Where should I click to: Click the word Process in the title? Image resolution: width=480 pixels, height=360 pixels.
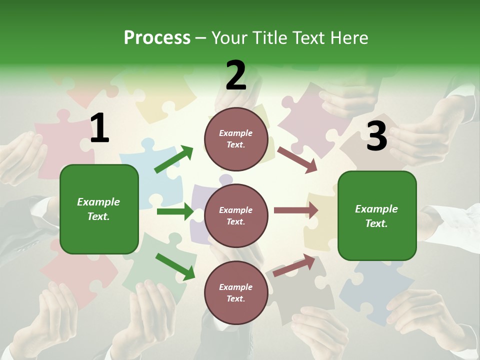pyautogui.click(x=157, y=38)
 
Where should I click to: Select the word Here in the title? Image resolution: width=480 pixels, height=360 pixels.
pyautogui.click(x=348, y=38)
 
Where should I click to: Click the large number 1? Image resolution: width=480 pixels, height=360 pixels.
pyautogui.click(x=99, y=128)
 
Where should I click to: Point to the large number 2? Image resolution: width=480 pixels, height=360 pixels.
pyautogui.click(x=236, y=75)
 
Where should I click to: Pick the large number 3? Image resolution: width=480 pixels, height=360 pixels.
pyautogui.click(x=376, y=136)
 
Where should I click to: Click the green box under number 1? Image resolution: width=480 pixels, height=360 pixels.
pyautogui.click(x=99, y=209)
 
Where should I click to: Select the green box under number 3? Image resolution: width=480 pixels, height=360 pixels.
pyautogui.click(x=377, y=216)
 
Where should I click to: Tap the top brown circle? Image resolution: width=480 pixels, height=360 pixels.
pyautogui.click(x=236, y=139)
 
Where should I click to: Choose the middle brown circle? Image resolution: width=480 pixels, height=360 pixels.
pyautogui.click(x=236, y=216)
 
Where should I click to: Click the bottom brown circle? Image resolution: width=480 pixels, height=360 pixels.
pyautogui.click(x=236, y=293)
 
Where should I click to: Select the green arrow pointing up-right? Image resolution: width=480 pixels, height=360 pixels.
pyautogui.click(x=173, y=159)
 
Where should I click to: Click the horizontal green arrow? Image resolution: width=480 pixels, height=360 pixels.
pyautogui.click(x=175, y=211)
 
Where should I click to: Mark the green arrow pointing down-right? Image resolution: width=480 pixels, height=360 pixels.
pyautogui.click(x=175, y=266)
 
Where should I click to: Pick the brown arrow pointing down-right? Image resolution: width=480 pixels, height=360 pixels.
pyautogui.click(x=297, y=160)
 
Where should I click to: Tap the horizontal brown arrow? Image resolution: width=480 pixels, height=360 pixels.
pyautogui.click(x=296, y=210)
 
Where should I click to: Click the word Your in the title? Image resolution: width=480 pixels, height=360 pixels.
pyautogui.click(x=230, y=38)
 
